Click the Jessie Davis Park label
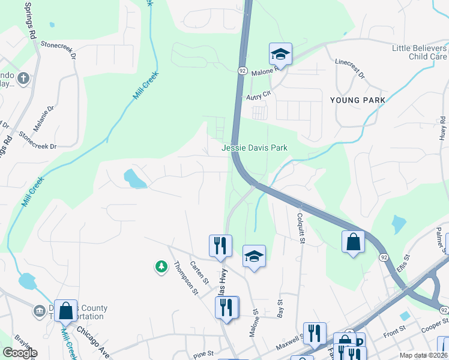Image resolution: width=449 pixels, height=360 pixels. point(255,148)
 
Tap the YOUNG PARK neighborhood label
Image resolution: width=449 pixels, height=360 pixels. point(357,100)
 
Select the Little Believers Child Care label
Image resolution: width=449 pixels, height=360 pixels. point(419,52)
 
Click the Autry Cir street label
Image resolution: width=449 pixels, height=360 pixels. point(259,95)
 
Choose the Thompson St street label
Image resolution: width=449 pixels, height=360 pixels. point(185,278)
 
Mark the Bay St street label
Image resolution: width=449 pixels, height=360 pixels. point(280,308)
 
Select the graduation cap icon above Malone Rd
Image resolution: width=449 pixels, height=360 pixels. point(280,54)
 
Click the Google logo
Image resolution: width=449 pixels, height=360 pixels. point(20,353)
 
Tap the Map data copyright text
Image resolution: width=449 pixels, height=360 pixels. point(424,355)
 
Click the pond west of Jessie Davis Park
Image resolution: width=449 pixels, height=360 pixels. point(134,178)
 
